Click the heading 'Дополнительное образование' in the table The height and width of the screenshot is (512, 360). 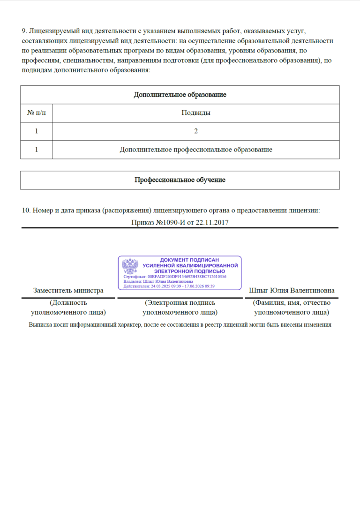tap(180, 95)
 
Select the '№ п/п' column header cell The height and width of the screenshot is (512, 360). tap(36, 113)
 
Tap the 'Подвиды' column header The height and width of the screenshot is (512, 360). tap(195, 113)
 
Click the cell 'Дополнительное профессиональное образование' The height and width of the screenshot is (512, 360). tap(195, 150)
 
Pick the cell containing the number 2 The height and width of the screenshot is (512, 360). tap(195, 131)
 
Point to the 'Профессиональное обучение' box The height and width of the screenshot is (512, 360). tap(180, 180)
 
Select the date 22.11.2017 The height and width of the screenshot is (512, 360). tap(212, 222)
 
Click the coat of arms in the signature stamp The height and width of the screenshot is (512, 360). tap(130, 266)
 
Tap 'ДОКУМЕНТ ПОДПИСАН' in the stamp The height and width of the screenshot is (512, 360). tap(189, 259)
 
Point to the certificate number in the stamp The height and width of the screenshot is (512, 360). tap(187, 277)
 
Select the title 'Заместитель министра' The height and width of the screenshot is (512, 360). tap(68, 291)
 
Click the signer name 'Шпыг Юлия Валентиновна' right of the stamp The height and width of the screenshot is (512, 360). tap(291, 291)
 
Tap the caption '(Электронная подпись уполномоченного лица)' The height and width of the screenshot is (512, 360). tap(180, 308)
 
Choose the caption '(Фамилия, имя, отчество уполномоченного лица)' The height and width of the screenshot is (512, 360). tap(291, 308)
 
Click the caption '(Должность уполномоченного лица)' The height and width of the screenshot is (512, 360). tap(68, 308)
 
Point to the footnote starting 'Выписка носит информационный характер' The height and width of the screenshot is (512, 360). tap(180, 324)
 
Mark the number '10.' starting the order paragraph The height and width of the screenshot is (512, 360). tap(26, 211)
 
